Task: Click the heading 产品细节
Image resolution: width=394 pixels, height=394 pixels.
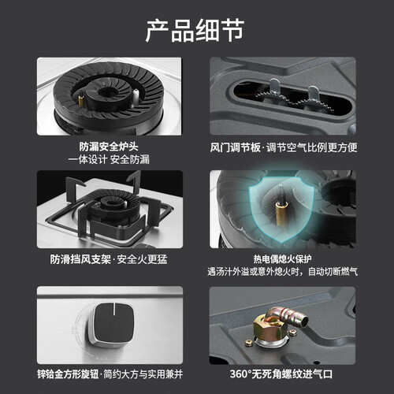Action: click(195, 31)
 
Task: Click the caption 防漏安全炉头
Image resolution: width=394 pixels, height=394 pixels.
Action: click(109, 147)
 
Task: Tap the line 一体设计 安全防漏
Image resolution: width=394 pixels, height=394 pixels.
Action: click(109, 159)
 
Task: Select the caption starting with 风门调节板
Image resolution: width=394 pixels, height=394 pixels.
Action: click(283, 147)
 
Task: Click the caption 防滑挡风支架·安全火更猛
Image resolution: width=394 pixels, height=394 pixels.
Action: click(109, 259)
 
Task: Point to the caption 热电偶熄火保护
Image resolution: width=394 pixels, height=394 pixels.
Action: click(283, 259)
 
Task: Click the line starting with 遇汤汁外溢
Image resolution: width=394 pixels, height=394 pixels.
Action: click(283, 271)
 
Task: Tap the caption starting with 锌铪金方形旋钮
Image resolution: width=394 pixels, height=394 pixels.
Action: click(110, 374)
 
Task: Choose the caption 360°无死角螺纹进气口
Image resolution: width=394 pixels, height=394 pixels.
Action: click(281, 374)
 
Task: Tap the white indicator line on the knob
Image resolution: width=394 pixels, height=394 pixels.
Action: click(114, 308)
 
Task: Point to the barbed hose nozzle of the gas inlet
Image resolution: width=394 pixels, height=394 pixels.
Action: click(294, 316)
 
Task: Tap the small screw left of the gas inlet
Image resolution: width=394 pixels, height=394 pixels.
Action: click(248, 342)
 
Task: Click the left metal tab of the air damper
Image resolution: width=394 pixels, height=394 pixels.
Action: click(275, 87)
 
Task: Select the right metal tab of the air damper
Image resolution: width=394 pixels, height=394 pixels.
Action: click(313, 93)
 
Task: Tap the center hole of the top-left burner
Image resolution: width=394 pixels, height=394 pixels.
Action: click(108, 92)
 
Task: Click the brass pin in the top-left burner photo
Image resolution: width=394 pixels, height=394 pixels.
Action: click(82, 99)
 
